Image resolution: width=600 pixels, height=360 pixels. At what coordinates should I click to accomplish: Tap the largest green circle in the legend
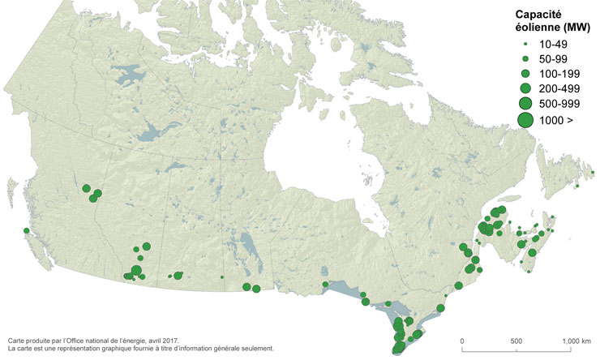(525, 120)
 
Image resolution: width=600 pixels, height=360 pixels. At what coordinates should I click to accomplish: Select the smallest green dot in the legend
(525, 44)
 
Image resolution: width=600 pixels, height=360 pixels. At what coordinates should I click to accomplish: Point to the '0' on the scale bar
(462, 341)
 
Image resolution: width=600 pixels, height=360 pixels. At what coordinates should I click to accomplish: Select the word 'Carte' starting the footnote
(16, 341)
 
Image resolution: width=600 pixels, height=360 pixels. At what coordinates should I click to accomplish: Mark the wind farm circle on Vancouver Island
(27, 232)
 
